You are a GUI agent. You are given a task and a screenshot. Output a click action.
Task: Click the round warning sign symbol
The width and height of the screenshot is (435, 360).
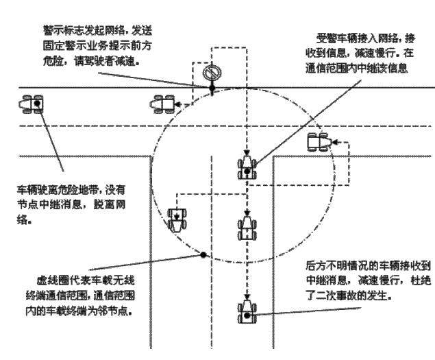[x=212, y=73]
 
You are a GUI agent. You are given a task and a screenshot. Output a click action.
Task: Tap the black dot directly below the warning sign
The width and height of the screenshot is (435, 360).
[x=212, y=90]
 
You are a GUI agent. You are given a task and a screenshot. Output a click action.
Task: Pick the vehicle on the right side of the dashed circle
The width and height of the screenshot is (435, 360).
[x=319, y=142]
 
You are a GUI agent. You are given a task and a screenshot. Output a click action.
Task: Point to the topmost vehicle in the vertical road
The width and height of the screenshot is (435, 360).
[x=247, y=167]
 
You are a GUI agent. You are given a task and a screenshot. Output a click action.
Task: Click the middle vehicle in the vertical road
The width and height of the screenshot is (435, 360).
[x=247, y=227]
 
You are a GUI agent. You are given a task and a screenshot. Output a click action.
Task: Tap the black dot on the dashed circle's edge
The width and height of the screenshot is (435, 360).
[x=203, y=255]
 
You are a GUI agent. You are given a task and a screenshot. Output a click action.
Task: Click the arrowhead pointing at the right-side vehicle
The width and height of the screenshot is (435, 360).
[x=334, y=143]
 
